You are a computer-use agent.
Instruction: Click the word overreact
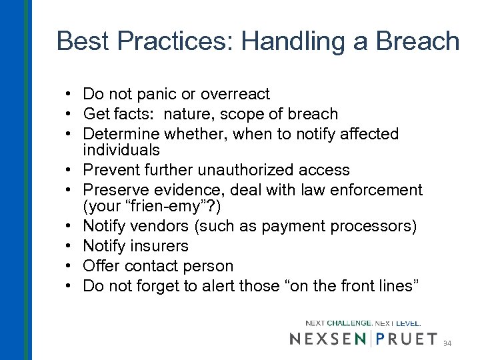(237, 94)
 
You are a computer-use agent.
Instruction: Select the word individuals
(121, 150)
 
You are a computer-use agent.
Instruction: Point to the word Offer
(101, 266)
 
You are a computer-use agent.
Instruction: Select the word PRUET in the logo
(407, 339)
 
